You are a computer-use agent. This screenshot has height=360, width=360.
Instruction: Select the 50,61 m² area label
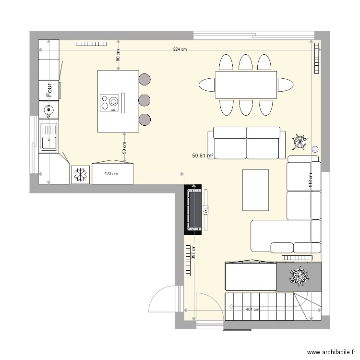coord(203,156)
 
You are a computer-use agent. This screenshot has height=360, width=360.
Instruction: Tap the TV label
coord(205,210)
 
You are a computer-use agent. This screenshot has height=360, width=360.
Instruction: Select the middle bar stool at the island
coord(144,100)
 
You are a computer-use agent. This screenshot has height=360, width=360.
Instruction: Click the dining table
coord(246,85)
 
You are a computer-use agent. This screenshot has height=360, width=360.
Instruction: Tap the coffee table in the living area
coord(255,190)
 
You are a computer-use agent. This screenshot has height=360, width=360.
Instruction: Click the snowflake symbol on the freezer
coord(80,174)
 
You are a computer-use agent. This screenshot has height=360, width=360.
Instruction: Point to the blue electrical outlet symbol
coord(315,149)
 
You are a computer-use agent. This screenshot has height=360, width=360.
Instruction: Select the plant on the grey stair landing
coord(299,276)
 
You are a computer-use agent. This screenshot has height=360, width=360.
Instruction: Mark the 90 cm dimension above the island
coord(118,56)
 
